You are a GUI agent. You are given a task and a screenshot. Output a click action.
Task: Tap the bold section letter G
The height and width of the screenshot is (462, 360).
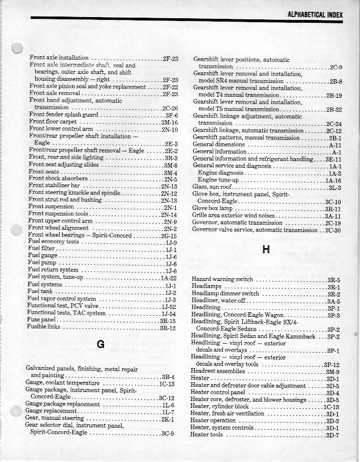point(101,344)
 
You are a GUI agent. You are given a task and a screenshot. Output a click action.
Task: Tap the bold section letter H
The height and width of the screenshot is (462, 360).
point(266,249)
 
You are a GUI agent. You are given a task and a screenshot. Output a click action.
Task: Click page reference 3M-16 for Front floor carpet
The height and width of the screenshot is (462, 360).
point(169,122)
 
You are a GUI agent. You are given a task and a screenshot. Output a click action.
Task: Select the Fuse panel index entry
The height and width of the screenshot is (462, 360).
point(42,320)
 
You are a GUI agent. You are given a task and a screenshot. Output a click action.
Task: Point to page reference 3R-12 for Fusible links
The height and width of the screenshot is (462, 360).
point(168,327)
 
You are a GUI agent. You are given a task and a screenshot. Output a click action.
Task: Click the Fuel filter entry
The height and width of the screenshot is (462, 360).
point(41,249)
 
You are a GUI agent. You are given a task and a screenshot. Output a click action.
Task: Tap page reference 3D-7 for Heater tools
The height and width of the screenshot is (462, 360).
point(333,435)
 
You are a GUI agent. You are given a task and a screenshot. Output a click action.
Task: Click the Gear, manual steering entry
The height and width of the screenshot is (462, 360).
point(56,419)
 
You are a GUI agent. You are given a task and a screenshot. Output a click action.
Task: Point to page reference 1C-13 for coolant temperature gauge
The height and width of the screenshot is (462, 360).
point(167,383)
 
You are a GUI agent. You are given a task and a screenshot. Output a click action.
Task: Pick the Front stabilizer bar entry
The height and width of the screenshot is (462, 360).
point(55,185)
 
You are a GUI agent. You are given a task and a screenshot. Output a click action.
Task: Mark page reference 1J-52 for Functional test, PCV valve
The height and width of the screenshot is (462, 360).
point(168,306)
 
